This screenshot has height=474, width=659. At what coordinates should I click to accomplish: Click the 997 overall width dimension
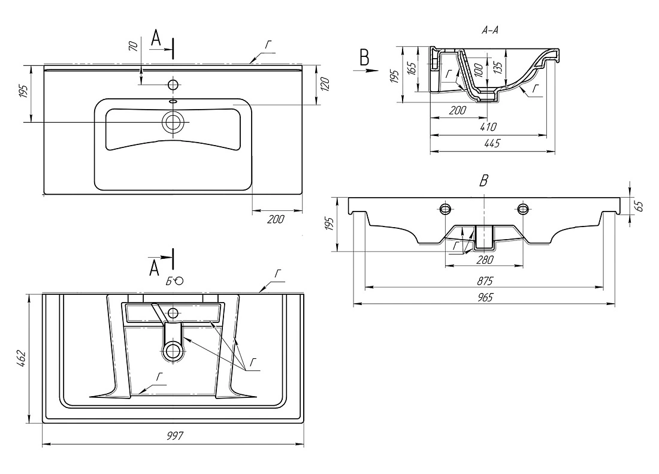coord(174,436)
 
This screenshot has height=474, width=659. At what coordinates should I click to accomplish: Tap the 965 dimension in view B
coord(483,297)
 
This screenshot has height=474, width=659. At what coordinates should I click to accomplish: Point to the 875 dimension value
coord(484,280)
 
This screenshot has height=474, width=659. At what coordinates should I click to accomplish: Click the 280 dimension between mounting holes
coord(484,259)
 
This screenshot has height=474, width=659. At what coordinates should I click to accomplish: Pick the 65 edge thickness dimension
coord(639,206)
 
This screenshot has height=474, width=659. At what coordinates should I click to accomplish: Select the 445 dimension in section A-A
coord(492,143)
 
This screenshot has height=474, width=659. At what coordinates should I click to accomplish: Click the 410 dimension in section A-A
coord(488,127)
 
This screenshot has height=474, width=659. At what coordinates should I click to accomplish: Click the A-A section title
coord(492,34)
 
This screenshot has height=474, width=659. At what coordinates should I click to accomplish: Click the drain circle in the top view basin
coord(174,122)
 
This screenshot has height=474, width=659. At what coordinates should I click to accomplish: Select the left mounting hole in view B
coord(446,209)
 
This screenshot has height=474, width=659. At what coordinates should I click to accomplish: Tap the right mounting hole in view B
coord(522,209)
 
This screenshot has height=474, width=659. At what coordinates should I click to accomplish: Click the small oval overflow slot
coord(174,101)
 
